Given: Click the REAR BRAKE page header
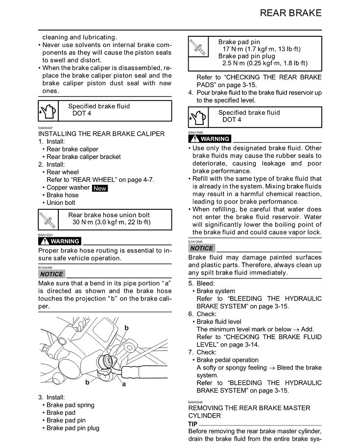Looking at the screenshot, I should pos(290,13).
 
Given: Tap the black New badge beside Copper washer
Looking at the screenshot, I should pos(100,188).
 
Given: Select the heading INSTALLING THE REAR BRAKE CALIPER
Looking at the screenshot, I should pos(101,134).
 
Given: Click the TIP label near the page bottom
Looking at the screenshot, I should pos(193,424).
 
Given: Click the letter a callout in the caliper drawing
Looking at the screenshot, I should pos(124,385).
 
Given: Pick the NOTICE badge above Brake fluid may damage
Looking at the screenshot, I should pos(201,248).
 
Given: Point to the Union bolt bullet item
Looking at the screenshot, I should pos(61,202).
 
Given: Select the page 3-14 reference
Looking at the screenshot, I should pos(249,345).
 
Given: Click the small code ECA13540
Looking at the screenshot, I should pos(195,242).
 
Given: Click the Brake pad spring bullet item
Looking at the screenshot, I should pos(71,405).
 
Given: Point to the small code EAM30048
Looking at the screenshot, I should pos(195,402).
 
